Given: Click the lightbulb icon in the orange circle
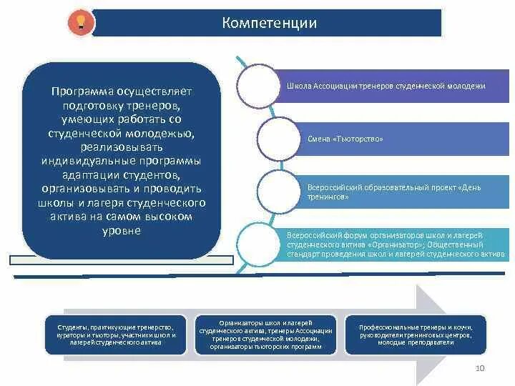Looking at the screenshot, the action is point(80,22).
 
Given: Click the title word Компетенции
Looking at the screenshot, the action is point(270,23).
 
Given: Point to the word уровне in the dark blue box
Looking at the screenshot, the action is point(122,231).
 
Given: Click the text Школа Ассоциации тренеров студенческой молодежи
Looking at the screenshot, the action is point(386,86).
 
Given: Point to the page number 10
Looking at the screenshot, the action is point(480,368).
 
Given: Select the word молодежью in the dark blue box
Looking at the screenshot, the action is point(152,133).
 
